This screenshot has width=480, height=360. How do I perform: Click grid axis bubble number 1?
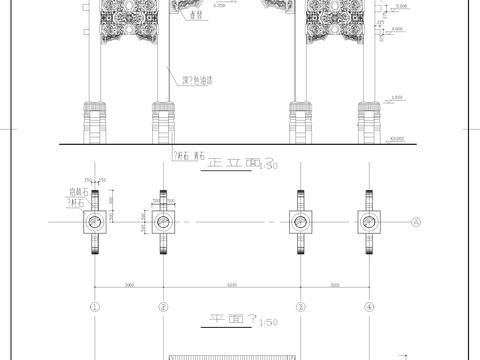pos(95,307)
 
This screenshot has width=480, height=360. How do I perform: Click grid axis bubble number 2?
pos(162,307)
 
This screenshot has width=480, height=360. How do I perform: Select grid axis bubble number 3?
pos(299,307)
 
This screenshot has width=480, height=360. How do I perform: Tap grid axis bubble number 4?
pos(368,307)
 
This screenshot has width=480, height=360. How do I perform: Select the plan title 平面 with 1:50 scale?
pos(232,320)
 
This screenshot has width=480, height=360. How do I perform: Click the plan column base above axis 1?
pos(95,222)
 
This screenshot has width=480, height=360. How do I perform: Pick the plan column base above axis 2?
pos(162,222)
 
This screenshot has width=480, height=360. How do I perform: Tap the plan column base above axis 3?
pos(299,222)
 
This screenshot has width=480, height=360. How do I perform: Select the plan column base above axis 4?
pos(368,222)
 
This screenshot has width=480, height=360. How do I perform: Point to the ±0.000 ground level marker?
pos(397,137)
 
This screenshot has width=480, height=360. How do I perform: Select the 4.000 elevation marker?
pos(397,29)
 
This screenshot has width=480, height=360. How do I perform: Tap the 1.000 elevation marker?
pos(397,97)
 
